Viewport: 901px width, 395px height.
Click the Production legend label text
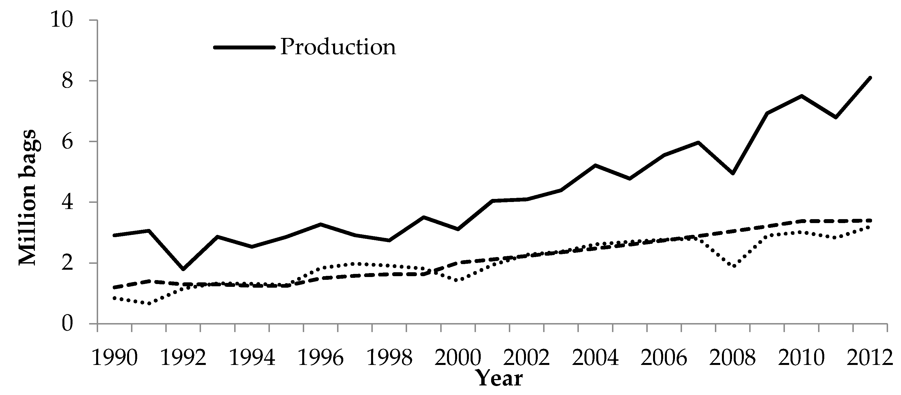[x=338, y=47]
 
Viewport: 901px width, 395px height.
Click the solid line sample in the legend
[x=244, y=47]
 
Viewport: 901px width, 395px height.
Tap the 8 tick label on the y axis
[x=67, y=81]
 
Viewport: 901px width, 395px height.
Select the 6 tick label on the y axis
[x=67, y=142]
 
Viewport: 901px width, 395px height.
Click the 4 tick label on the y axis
[x=67, y=202]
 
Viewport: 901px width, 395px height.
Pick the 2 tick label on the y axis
[x=67, y=263]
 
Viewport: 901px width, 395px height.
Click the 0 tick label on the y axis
[x=67, y=324]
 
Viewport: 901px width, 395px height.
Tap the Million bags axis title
[x=27, y=197]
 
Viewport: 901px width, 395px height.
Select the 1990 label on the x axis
[x=114, y=358]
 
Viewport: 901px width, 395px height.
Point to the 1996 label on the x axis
[x=321, y=358]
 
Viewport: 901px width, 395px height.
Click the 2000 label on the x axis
[x=458, y=358]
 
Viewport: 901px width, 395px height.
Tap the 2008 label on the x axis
[x=733, y=358]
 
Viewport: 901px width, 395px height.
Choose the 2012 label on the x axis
[x=870, y=358]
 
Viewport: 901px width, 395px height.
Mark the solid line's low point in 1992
[x=183, y=269]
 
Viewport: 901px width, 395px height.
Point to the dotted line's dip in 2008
[x=733, y=266]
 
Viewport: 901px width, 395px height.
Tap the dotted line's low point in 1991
[x=149, y=303]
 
